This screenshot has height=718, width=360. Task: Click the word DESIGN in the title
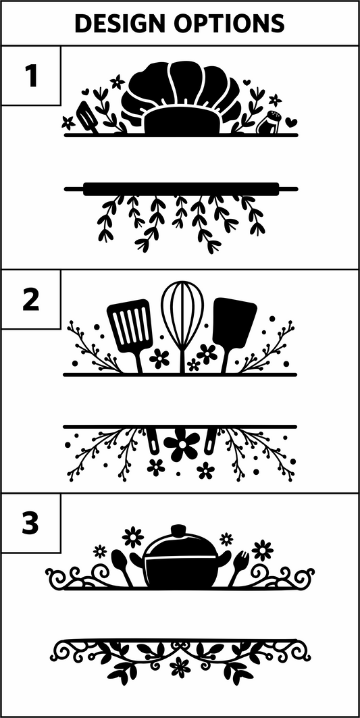pos(122,24)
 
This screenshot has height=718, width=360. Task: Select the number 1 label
pos(30,76)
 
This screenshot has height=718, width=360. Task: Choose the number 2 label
pos(30,300)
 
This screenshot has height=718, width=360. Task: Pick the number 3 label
pos(30,523)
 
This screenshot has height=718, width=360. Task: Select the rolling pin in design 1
pos(180,188)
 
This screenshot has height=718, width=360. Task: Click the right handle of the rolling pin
pos(288,188)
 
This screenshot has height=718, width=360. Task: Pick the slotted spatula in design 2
pos(130,328)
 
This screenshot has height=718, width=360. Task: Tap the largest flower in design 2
pos(181,444)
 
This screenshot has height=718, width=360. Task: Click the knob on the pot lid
pos(178,530)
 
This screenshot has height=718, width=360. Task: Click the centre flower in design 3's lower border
pos(180,666)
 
